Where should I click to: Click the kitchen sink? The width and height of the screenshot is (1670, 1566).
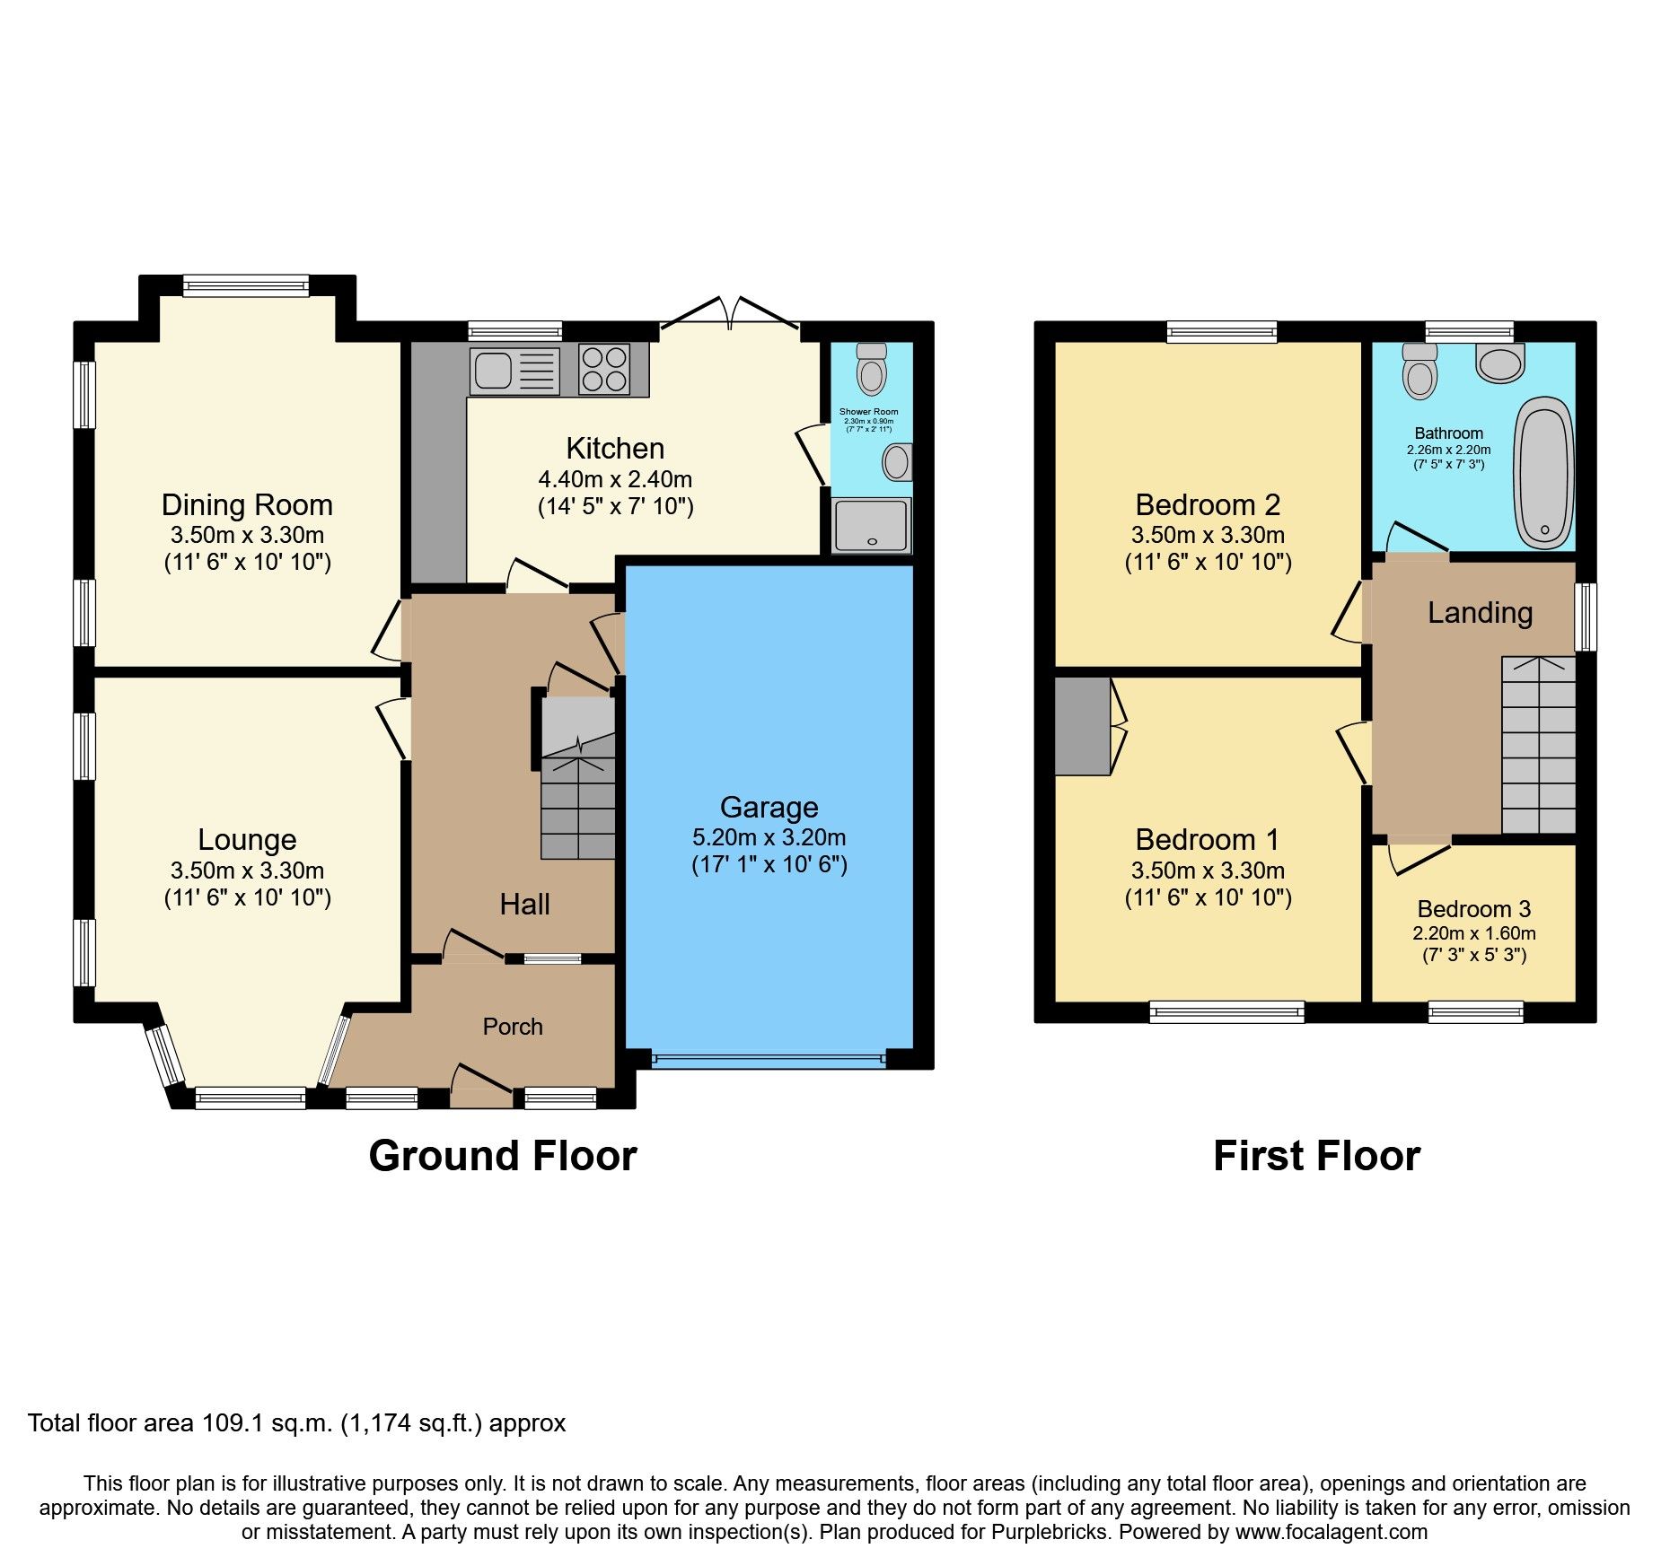[x=514, y=371]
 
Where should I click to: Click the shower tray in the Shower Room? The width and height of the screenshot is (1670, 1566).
[x=870, y=525]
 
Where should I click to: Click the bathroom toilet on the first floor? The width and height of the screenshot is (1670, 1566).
[x=1419, y=371]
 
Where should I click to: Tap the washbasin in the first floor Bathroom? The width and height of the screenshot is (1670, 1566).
[x=1500, y=363]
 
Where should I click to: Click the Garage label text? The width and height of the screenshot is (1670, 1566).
[x=769, y=808]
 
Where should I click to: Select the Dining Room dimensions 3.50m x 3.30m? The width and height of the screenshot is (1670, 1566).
[x=247, y=536]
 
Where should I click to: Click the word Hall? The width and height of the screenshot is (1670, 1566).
[x=524, y=904]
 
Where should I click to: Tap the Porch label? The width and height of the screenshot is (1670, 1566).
[x=513, y=1027]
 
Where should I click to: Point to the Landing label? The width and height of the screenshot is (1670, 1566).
[x=1480, y=613]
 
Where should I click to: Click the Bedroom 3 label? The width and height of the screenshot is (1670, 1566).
[x=1473, y=909]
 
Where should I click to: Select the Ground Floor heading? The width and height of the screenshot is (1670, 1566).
[x=502, y=1156]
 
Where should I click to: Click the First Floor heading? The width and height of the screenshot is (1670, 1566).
[x=1316, y=1156]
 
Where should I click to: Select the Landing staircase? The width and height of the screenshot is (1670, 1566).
[x=1538, y=745]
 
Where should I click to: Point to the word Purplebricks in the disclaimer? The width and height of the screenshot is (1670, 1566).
[x=1050, y=1532]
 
